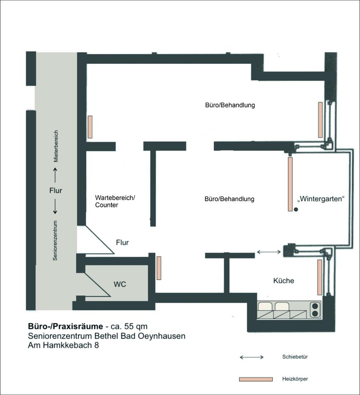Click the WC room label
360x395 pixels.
[120, 284]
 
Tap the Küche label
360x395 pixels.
[284, 281]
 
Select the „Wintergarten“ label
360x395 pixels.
[320, 199]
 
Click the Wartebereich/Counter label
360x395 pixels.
[115, 201]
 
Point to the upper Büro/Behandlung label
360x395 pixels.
[230, 105]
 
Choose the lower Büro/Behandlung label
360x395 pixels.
[229, 199]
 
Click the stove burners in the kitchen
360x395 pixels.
[315, 309]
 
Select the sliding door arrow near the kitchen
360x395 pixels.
[269, 251]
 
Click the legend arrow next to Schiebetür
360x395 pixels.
[252, 357]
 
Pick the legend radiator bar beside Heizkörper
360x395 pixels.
[256, 379]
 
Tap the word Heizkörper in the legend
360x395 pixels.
[295, 379]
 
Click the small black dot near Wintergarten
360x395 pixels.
[296, 209]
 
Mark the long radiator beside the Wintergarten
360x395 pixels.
[290, 184]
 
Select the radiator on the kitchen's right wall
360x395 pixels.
[320, 277]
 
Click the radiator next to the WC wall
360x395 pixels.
[159, 268]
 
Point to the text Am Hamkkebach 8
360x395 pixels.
[63, 346]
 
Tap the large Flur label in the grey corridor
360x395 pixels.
[56, 191]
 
